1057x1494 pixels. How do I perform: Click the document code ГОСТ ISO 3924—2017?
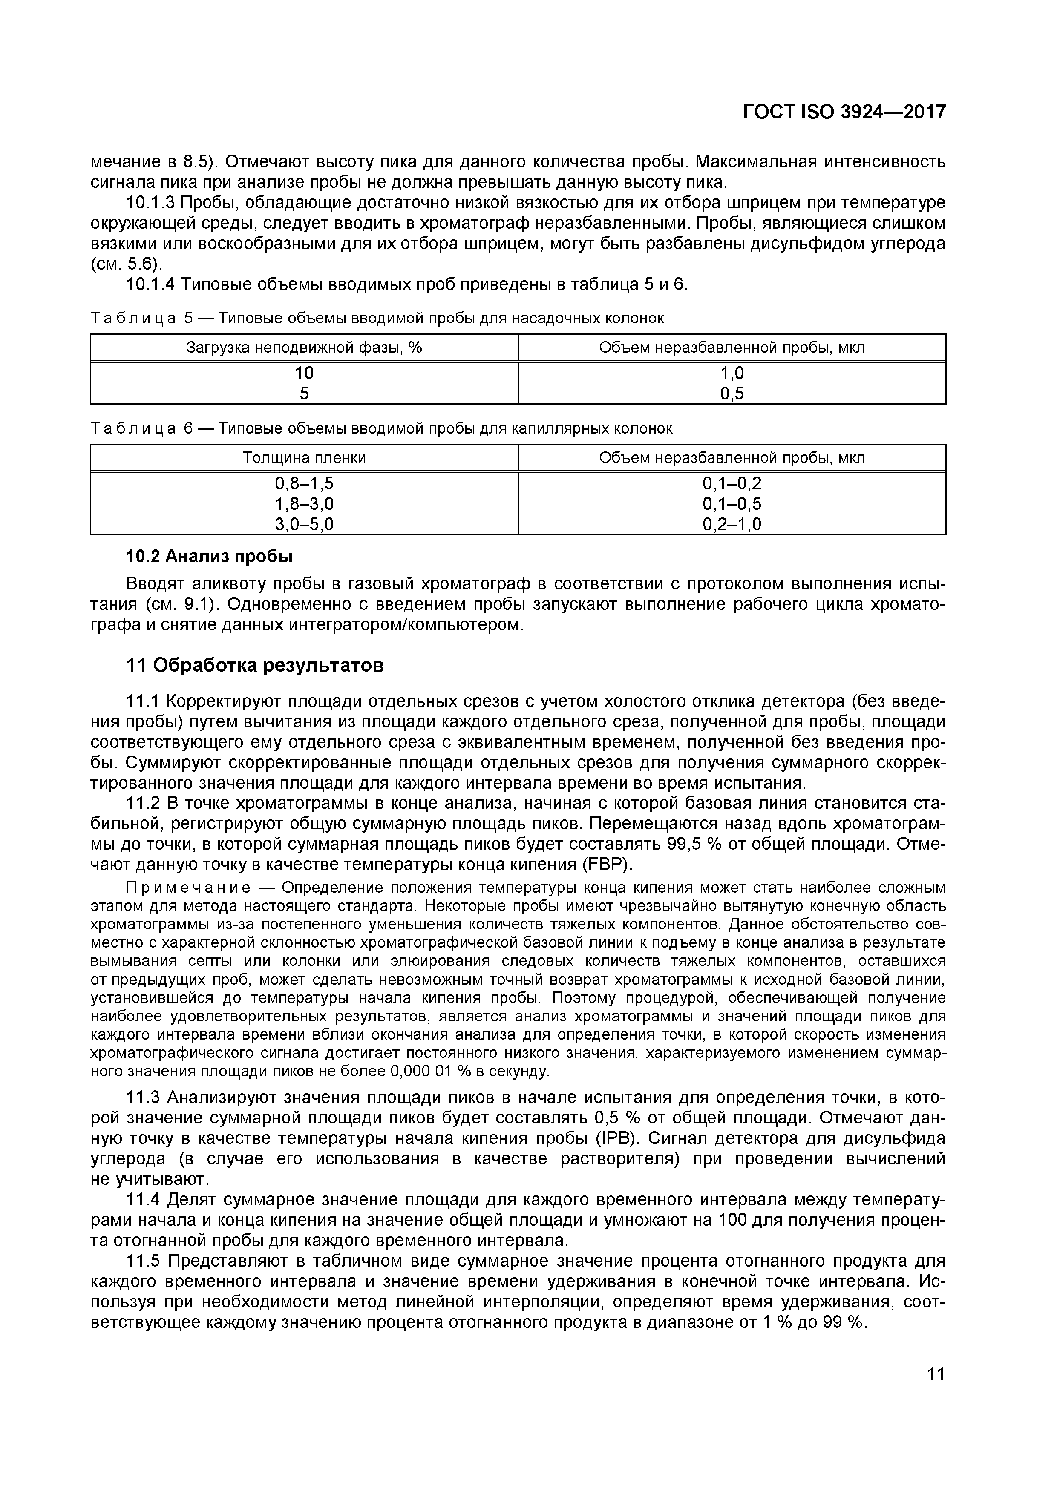tap(844, 112)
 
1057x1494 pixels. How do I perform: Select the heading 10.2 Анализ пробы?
tap(208, 556)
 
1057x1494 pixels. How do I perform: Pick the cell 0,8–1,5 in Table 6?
tap(304, 483)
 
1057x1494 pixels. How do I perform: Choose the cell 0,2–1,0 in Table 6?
tap(732, 524)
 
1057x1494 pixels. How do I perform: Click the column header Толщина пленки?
tap(304, 457)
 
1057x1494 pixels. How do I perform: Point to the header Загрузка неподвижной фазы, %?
tap(304, 348)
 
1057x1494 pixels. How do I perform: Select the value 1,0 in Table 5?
tap(732, 373)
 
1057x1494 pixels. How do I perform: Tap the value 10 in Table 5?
tap(304, 373)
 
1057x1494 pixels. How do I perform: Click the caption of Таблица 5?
tap(377, 318)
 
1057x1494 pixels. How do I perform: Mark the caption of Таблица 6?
tap(381, 428)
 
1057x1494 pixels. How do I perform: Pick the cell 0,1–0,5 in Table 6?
tap(732, 504)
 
